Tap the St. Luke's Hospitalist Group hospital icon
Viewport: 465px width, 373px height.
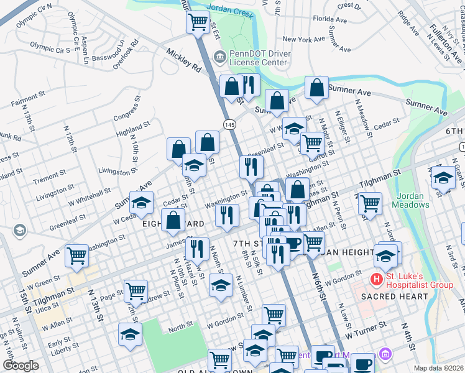[x=376, y=280]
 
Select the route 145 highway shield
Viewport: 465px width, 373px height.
[x=230, y=125]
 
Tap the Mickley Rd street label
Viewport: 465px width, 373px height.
[x=183, y=60]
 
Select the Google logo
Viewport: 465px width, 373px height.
[x=21, y=366]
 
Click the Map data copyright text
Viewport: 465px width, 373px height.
[x=438, y=368]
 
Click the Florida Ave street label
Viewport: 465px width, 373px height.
[x=330, y=19]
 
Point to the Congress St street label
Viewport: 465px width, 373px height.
[x=127, y=111]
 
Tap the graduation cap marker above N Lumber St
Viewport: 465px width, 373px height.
[x=220, y=285]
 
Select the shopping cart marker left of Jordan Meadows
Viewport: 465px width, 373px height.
[x=371, y=203]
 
